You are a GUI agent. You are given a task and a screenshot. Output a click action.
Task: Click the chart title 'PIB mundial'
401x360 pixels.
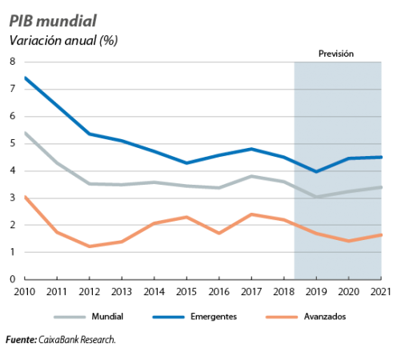coord(53,21)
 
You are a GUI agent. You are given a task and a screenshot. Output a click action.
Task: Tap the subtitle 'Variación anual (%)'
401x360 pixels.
coord(63,41)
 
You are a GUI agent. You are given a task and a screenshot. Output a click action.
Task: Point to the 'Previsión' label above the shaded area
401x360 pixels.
coord(336,54)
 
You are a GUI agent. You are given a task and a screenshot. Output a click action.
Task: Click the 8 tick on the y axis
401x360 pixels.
coord(13,62)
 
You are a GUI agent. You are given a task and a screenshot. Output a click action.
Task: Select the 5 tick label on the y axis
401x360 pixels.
coord(13,143)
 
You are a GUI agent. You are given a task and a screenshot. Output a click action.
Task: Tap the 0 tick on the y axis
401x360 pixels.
coord(13,279)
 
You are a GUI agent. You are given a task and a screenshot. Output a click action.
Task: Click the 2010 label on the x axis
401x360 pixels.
coord(25,292)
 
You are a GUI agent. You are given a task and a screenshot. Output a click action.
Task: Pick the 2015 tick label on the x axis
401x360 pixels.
coord(186,292)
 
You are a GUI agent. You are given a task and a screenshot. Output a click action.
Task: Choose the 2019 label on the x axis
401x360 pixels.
coord(316,292)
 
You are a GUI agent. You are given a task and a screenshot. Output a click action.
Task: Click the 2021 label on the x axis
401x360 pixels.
coord(381,292)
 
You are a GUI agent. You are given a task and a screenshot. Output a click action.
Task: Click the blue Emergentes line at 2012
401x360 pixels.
coord(90,134)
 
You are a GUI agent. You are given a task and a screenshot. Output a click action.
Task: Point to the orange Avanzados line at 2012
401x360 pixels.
coord(90,246)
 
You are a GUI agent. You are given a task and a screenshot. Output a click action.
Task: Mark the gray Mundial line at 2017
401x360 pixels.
coord(251,176)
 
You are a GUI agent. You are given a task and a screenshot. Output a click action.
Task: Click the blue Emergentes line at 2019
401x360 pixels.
coord(316,171)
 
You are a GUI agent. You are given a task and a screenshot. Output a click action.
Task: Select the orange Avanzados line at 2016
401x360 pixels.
coord(219,233)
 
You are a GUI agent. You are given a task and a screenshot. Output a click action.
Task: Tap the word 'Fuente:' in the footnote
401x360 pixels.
coord(22,340)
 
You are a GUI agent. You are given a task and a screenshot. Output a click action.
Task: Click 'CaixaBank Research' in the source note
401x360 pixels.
coord(76,340)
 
